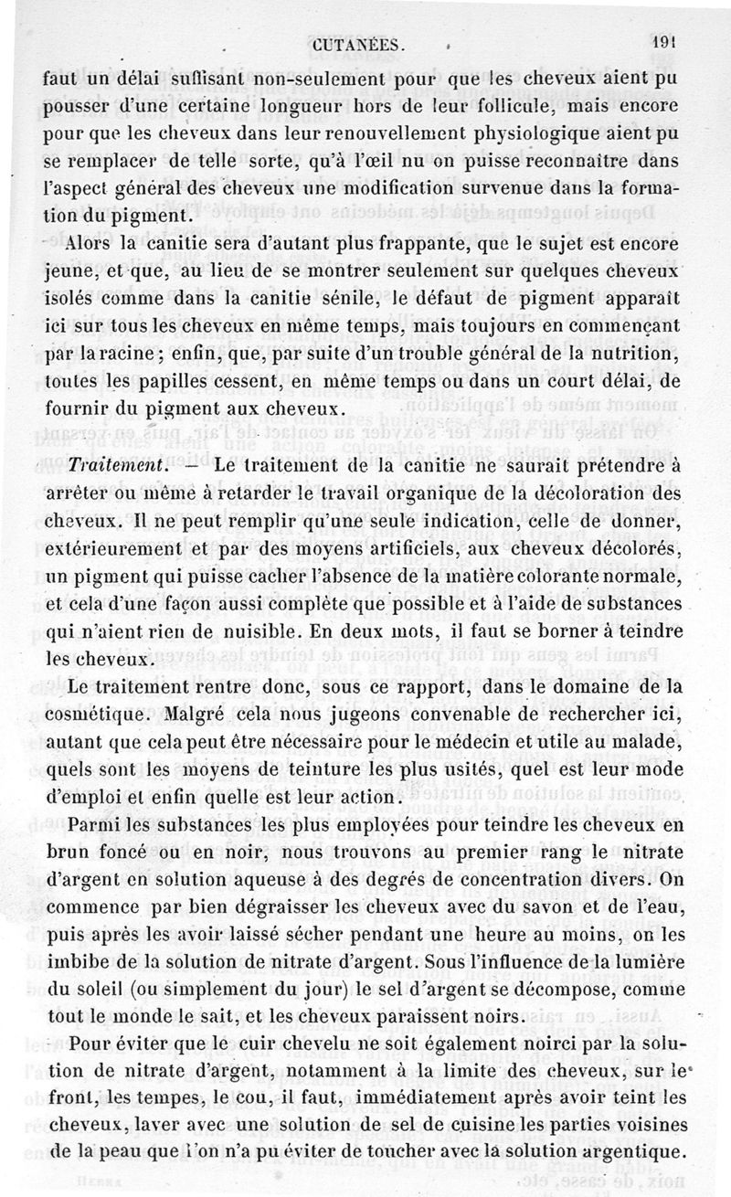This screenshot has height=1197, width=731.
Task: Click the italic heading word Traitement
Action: (114, 463)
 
